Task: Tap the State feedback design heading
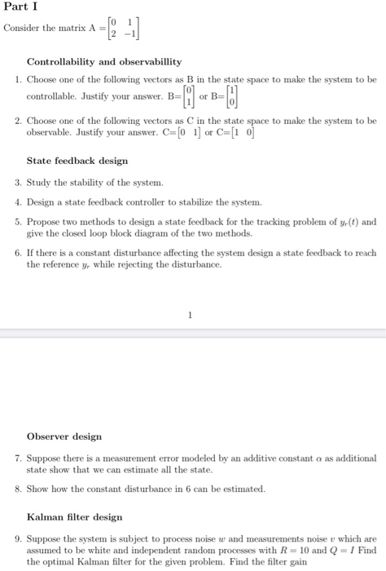pyautogui.click(x=77, y=162)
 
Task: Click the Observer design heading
pyautogui.click(x=64, y=436)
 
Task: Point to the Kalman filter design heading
pyautogui.click(x=74, y=517)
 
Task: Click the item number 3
pyautogui.click(x=17, y=182)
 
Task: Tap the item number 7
pyautogui.click(x=17, y=458)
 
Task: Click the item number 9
pyautogui.click(x=17, y=539)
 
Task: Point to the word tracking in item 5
pyautogui.click(x=283, y=221)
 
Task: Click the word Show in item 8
pyautogui.click(x=37, y=489)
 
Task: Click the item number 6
pyautogui.click(x=17, y=253)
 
